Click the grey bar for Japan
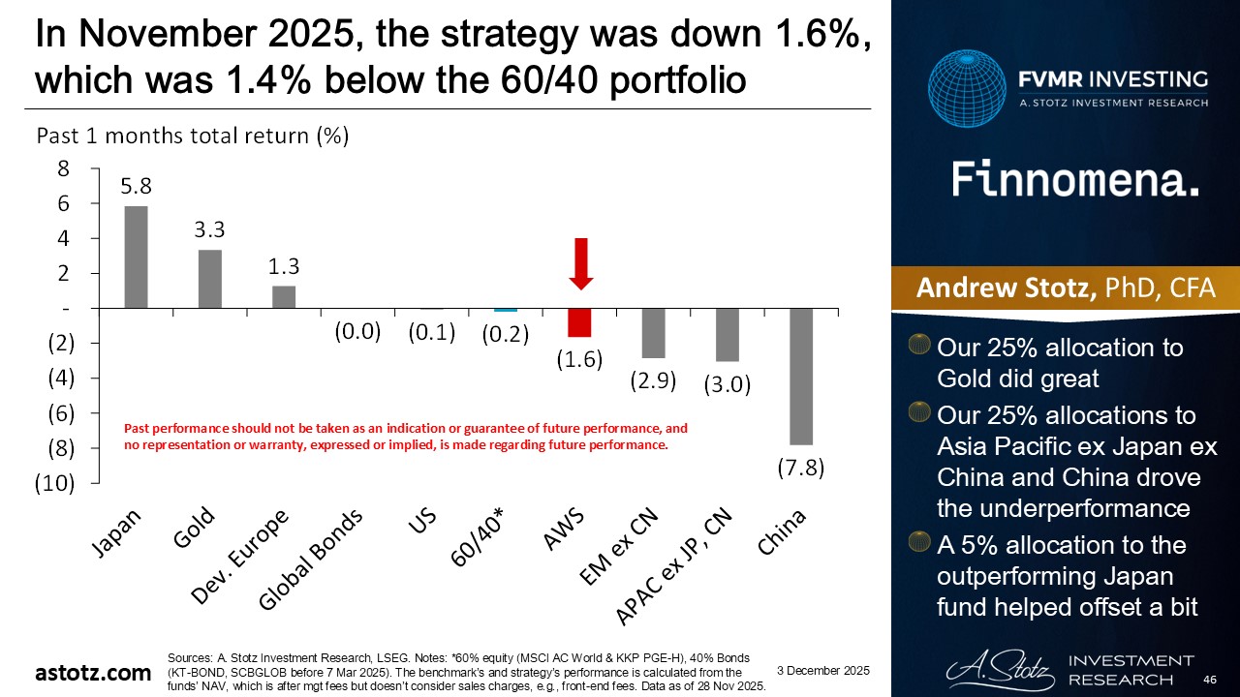click(x=137, y=258)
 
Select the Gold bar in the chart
click(x=210, y=279)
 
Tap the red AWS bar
click(x=579, y=322)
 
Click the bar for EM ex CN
click(x=653, y=333)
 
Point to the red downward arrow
click(x=580, y=262)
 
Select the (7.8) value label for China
click(x=800, y=468)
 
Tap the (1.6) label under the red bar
click(x=579, y=359)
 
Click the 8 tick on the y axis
click(x=64, y=168)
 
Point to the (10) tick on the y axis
click(x=56, y=483)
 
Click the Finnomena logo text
click(x=1075, y=180)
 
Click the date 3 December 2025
click(x=824, y=671)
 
